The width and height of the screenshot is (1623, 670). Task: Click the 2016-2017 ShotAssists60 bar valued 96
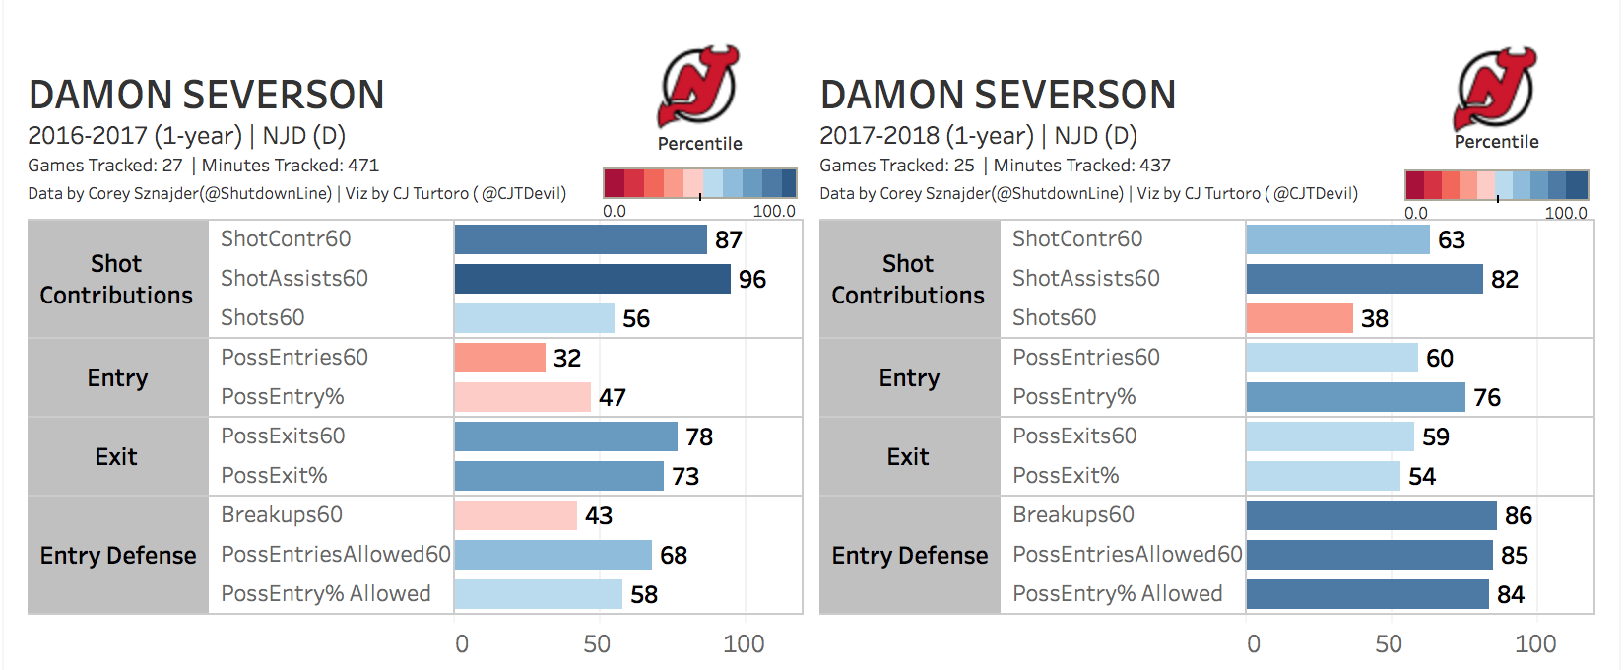[x=592, y=279]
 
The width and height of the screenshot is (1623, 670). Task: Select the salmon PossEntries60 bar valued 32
[x=499, y=358]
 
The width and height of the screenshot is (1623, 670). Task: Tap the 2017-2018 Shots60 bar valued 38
[x=1299, y=318]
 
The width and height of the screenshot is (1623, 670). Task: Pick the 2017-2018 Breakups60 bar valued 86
[x=1371, y=515]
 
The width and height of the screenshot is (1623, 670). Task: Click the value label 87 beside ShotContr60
[x=728, y=240]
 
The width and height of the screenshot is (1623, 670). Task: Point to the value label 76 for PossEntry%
[x=1486, y=398]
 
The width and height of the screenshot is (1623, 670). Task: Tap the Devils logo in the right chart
[x=1494, y=88]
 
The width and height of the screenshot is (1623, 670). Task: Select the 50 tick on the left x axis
[x=597, y=644]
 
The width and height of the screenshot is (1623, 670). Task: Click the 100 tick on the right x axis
[x=1534, y=644]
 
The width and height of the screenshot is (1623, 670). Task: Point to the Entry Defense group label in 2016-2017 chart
[x=118, y=556]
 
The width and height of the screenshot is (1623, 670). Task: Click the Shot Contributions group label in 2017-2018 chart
[x=908, y=279]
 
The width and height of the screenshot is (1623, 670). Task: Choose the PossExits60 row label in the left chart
[x=283, y=436]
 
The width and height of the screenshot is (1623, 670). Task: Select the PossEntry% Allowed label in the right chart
[x=1117, y=594]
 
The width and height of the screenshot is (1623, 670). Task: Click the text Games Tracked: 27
[x=105, y=166]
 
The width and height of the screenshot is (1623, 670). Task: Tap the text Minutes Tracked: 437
[x=1081, y=166]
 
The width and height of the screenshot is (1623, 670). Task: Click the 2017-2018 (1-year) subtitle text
[x=926, y=136]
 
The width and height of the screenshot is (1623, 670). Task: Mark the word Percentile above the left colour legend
[x=699, y=144]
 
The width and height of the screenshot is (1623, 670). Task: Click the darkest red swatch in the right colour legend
[x=1414, y=184]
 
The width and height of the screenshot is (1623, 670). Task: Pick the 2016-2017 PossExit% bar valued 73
[x=558, y=476]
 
